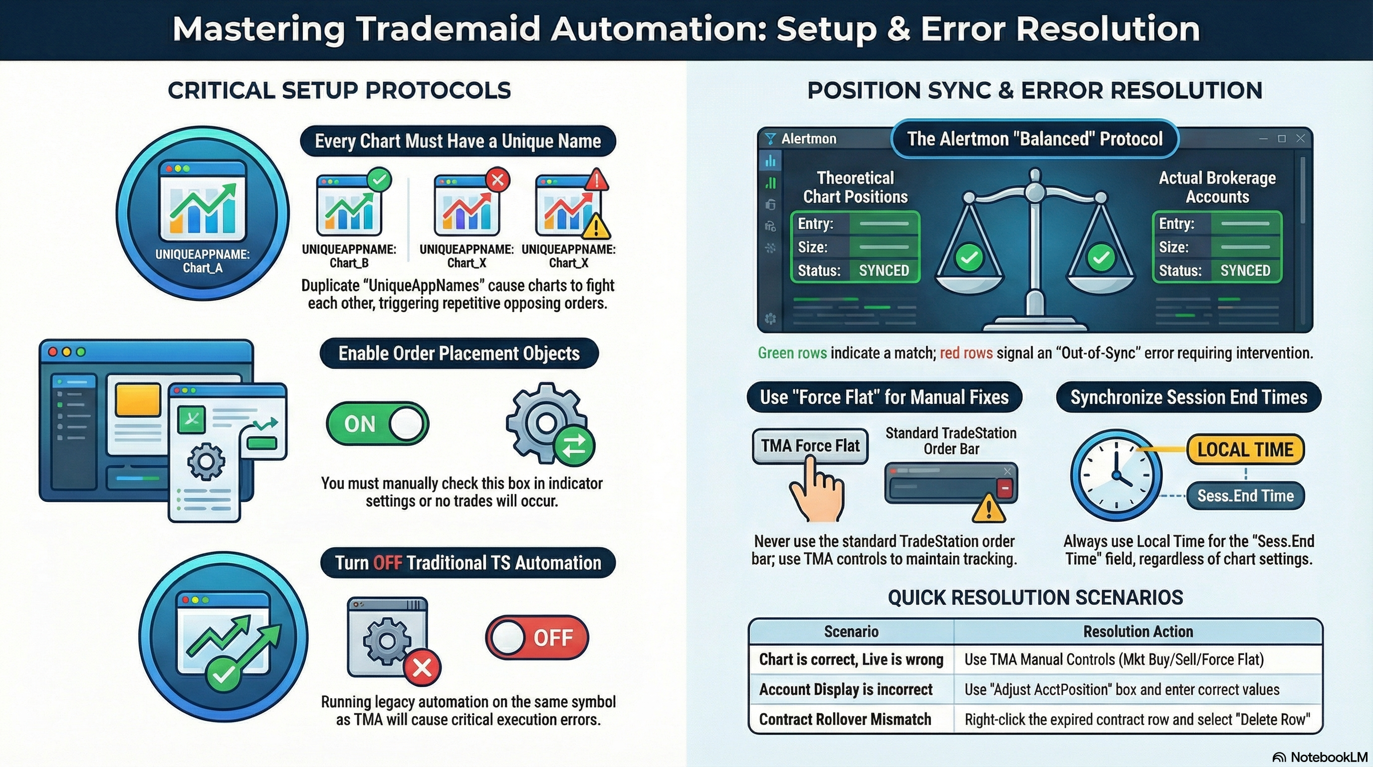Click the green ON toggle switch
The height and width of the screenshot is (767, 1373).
377,424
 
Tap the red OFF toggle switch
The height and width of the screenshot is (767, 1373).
537,637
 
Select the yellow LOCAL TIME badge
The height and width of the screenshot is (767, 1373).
1245,449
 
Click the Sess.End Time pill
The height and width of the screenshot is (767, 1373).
1245,496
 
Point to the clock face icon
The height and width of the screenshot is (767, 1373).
1116,475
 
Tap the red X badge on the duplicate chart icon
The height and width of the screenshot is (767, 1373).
498,180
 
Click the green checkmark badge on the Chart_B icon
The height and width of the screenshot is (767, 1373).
380,180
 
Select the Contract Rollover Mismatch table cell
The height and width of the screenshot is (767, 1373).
845,720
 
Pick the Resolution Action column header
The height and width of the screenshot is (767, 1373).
1138,632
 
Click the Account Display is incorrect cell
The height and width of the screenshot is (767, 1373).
846,690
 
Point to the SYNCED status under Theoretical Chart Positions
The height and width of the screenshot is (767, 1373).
884,271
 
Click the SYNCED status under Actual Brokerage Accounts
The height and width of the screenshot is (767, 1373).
1245,271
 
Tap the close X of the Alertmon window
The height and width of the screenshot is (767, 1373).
1301,139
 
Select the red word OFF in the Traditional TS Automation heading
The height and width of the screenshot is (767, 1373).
388,563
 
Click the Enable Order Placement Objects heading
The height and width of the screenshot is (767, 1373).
459,353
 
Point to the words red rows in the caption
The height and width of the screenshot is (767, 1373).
966,353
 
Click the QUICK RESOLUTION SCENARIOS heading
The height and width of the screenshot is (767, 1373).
1035,597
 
